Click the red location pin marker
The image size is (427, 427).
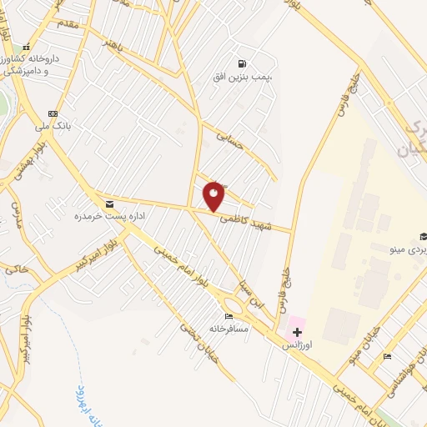(x=214, y=196)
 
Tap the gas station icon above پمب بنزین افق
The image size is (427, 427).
(x=242, y=63)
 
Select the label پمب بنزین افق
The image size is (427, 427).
(x=242, y=78)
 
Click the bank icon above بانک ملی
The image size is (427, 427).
(x=53, y=114)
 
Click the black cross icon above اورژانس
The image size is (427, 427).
(x=298, y=332)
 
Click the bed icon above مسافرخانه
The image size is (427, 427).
(x=229, y=316)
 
